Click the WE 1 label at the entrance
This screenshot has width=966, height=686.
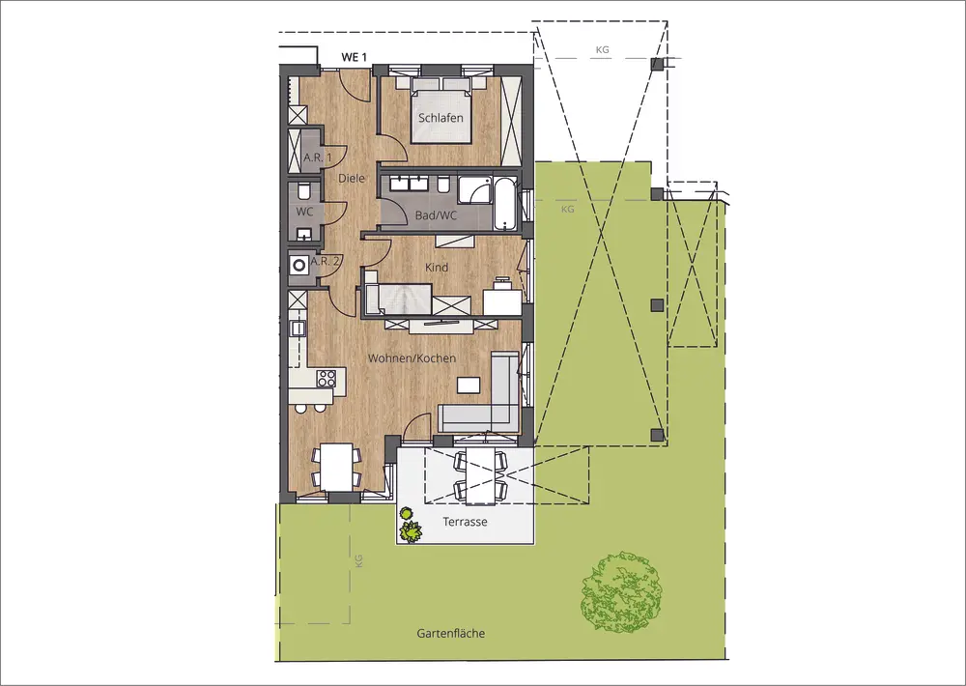[x=355, y=57]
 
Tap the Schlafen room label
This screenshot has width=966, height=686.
[x=440, y=118]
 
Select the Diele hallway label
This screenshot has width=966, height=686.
[x=352, y=178]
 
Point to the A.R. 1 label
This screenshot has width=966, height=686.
[x=317, y=157]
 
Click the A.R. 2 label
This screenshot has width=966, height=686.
[x=325, y=261]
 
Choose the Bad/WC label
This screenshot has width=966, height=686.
[x=437, y=215]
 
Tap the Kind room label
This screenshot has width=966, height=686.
[x=437, y=268]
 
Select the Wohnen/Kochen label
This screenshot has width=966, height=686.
[x=412, y=358]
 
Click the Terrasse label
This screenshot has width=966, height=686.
[x=466, y=522]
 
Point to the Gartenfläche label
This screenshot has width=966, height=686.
[x=451, y=633]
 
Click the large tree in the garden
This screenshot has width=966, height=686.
[x=622, y=591]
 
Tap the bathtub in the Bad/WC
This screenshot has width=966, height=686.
[x=504, y=204]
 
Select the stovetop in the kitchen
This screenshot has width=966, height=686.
[x=327, y=377]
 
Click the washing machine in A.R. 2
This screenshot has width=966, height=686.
[x=299, y=266]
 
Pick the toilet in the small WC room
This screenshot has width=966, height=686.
[x=303, y=191]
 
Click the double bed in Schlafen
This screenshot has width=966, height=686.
[x=441, y=111]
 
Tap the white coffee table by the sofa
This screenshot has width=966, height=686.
[x=469, y=385]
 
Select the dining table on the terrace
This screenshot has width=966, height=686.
[x=479, y=474]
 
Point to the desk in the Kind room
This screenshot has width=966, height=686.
[x=502, y=299]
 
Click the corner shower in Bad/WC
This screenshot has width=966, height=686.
[x=474, y=189]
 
